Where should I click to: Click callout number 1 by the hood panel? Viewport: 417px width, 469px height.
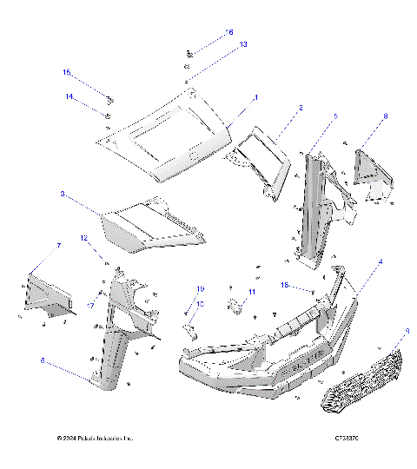point(255,99)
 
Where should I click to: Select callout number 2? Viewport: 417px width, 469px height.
point(301,109)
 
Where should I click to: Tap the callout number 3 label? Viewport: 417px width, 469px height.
point(87,194)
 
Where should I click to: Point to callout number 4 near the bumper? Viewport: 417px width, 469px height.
point(379,261)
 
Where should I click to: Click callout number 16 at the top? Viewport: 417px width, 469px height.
point(229,32)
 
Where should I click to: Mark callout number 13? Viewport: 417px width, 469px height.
point(243,43)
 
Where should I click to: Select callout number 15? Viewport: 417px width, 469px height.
point(65,72)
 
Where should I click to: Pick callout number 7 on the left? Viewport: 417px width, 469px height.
point(58,247)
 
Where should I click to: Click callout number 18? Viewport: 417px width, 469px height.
point(284,284)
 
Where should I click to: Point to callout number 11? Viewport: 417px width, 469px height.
point(252,292)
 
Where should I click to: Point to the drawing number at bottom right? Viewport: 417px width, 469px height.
point(347,438)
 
